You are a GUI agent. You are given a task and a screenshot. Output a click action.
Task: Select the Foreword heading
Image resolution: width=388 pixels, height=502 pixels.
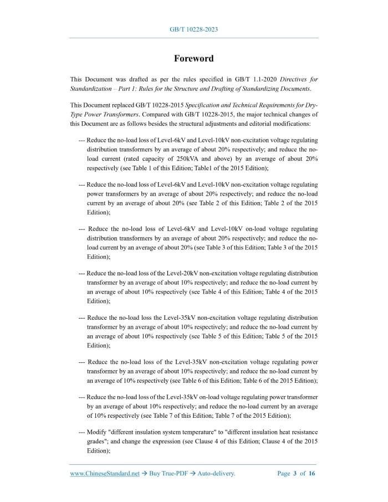point(193,58)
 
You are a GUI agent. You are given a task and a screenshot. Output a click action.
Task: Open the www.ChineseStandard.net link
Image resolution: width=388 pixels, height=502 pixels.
point(105,474)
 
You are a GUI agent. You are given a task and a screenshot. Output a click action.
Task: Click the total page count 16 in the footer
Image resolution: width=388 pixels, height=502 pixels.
point(312,474)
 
